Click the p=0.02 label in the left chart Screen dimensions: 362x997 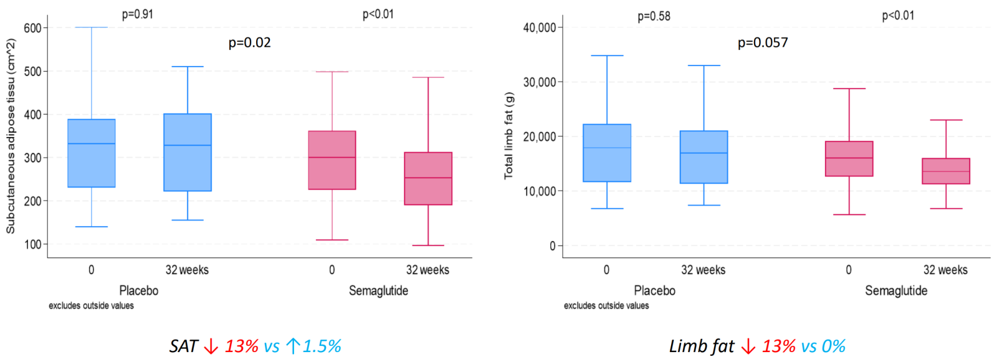[249, 43]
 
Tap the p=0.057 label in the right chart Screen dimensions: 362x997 [763, 43]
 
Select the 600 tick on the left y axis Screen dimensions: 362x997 [32, 28]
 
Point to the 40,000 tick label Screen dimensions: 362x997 [539, 28]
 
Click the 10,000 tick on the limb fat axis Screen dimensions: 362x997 [539, 191]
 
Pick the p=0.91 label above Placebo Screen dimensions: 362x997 [138, 14]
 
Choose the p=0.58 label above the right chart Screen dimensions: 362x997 [654, 16]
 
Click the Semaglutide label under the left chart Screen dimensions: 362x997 [378, 291]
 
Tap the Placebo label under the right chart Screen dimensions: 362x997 [654, 291]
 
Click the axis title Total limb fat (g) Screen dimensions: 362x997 [509, 136]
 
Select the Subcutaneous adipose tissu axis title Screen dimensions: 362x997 [11, 136]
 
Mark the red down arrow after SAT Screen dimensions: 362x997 [211, 346]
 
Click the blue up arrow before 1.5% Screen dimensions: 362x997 [293, 346]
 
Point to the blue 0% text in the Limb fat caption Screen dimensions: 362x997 [833, 346]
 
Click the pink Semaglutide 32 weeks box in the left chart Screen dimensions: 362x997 [428, 179]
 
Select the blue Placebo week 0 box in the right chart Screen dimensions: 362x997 [607, 153]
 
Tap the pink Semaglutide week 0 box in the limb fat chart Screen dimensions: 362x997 [849, 159]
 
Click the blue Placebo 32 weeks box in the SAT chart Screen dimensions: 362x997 [188, 153]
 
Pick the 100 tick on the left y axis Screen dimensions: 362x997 [32, 245]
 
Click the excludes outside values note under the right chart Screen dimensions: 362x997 [606, 306]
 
